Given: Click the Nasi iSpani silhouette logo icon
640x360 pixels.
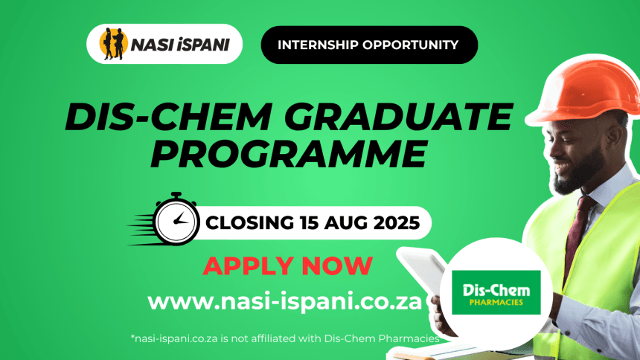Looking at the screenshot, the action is click(x=113, y=44).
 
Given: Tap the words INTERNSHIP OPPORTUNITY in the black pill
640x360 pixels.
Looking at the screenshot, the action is click(x=368, y=45).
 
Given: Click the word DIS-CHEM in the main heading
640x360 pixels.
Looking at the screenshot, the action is click(x=169, y=117).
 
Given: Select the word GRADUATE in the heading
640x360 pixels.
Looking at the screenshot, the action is click(x=398, y=117).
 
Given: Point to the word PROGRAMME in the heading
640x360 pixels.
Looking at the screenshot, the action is click(x=289, y=154).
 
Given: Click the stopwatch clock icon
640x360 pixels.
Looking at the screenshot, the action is click(x=176, y=220).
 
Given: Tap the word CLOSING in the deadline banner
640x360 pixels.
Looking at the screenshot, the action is click(x=249, y=223).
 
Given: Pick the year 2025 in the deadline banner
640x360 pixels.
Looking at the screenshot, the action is click(x=397, y=223).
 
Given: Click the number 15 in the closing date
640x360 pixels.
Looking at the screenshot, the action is click(x=310, y=223).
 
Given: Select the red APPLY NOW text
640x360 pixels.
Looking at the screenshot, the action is click(x=288, y=266).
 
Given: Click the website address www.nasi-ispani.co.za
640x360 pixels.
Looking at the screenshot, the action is click(x=284, y=302).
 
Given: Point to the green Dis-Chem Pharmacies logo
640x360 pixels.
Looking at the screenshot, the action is click(x=496, y=292).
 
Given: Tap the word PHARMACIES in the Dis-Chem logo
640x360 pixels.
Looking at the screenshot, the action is click(x=496, y=303).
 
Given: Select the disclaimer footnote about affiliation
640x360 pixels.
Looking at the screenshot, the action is click(x=285, y=338).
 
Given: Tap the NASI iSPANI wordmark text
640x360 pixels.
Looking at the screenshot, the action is click(x=180, y=45).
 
